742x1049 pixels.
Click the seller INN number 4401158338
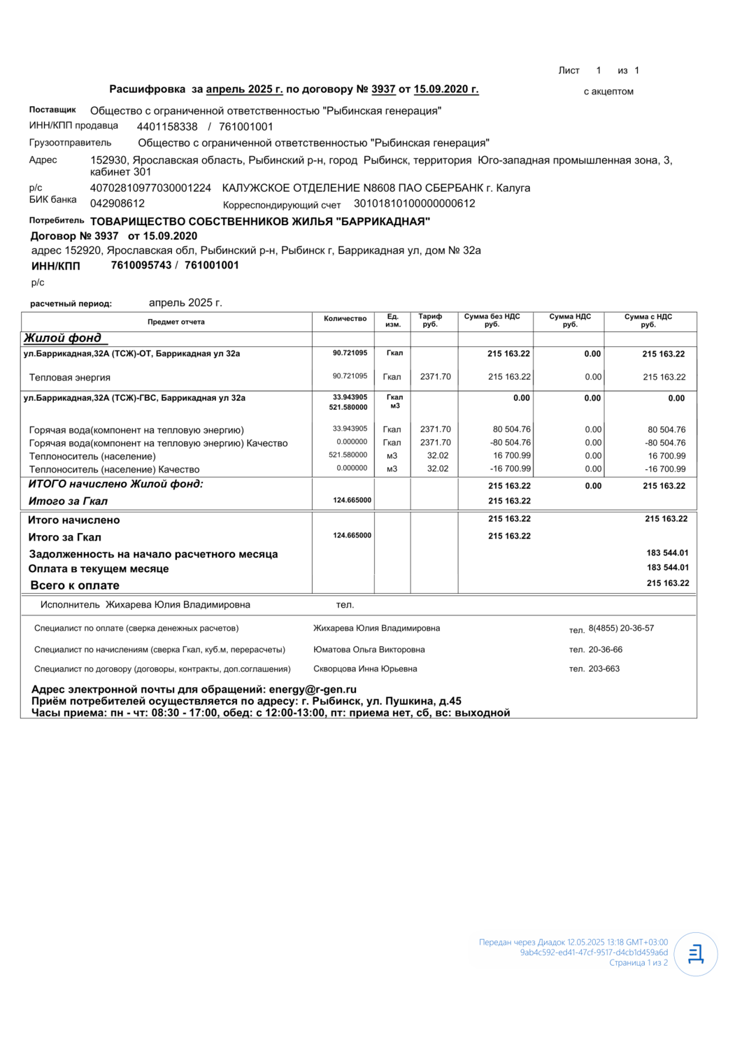pos(167,127)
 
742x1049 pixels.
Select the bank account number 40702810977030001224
pos(150,188)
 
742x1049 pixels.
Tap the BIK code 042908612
pos(117,204)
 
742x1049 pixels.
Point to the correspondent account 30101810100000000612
pos(415,204)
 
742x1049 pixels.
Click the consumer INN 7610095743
pos(141,265)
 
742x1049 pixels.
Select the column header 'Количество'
pos(345,319)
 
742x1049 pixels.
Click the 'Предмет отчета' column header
pos(176,322)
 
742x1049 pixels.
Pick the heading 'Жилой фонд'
pos(63,338)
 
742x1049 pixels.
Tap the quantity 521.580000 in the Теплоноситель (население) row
pos(348,455)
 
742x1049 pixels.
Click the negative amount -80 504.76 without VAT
pos(511,443)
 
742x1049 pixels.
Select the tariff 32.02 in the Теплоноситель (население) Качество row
pos(438,469)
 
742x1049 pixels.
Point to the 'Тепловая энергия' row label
pos(70,378)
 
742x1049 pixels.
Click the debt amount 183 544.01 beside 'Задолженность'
pos(667,553)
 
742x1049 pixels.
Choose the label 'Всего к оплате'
pos(75,585)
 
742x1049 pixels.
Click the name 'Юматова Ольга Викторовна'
pos(369,650)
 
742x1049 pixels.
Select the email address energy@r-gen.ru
pos(313,690)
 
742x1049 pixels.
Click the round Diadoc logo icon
pos(696,954)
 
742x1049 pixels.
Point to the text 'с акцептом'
pos(608,92)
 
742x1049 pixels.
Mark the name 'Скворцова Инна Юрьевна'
pos(365,669)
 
